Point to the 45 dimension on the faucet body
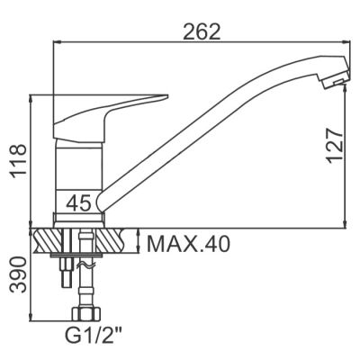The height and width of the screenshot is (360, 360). coord(79,203)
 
